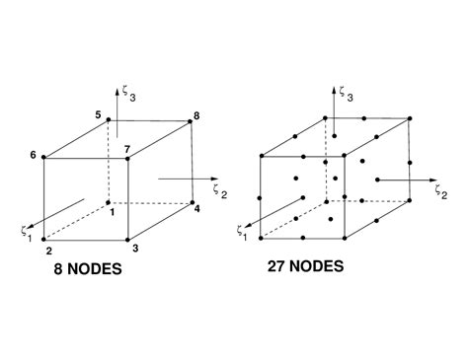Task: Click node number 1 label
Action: pyautogui.click(x=112, y=212)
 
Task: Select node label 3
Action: pyautogui.click(x=135, y=249)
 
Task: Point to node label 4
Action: pyautogui.click(x=196, y=208)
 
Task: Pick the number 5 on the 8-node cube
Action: pyautogui.click(x=99, y=115)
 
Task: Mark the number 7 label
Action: pyautogui.click(x=126, y=148)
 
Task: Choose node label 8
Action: pyautogui.click(x=196, y=116)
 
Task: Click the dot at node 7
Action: pyautogui.click(x=127, y=157)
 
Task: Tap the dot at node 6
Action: pyautogui.click(x=44, y=157)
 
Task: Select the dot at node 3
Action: pyautogui.click(x=127, y=238)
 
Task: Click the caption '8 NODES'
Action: pyautogui.click(x=88, y=268)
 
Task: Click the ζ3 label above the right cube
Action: pyautogui.click(x=342, y=93)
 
